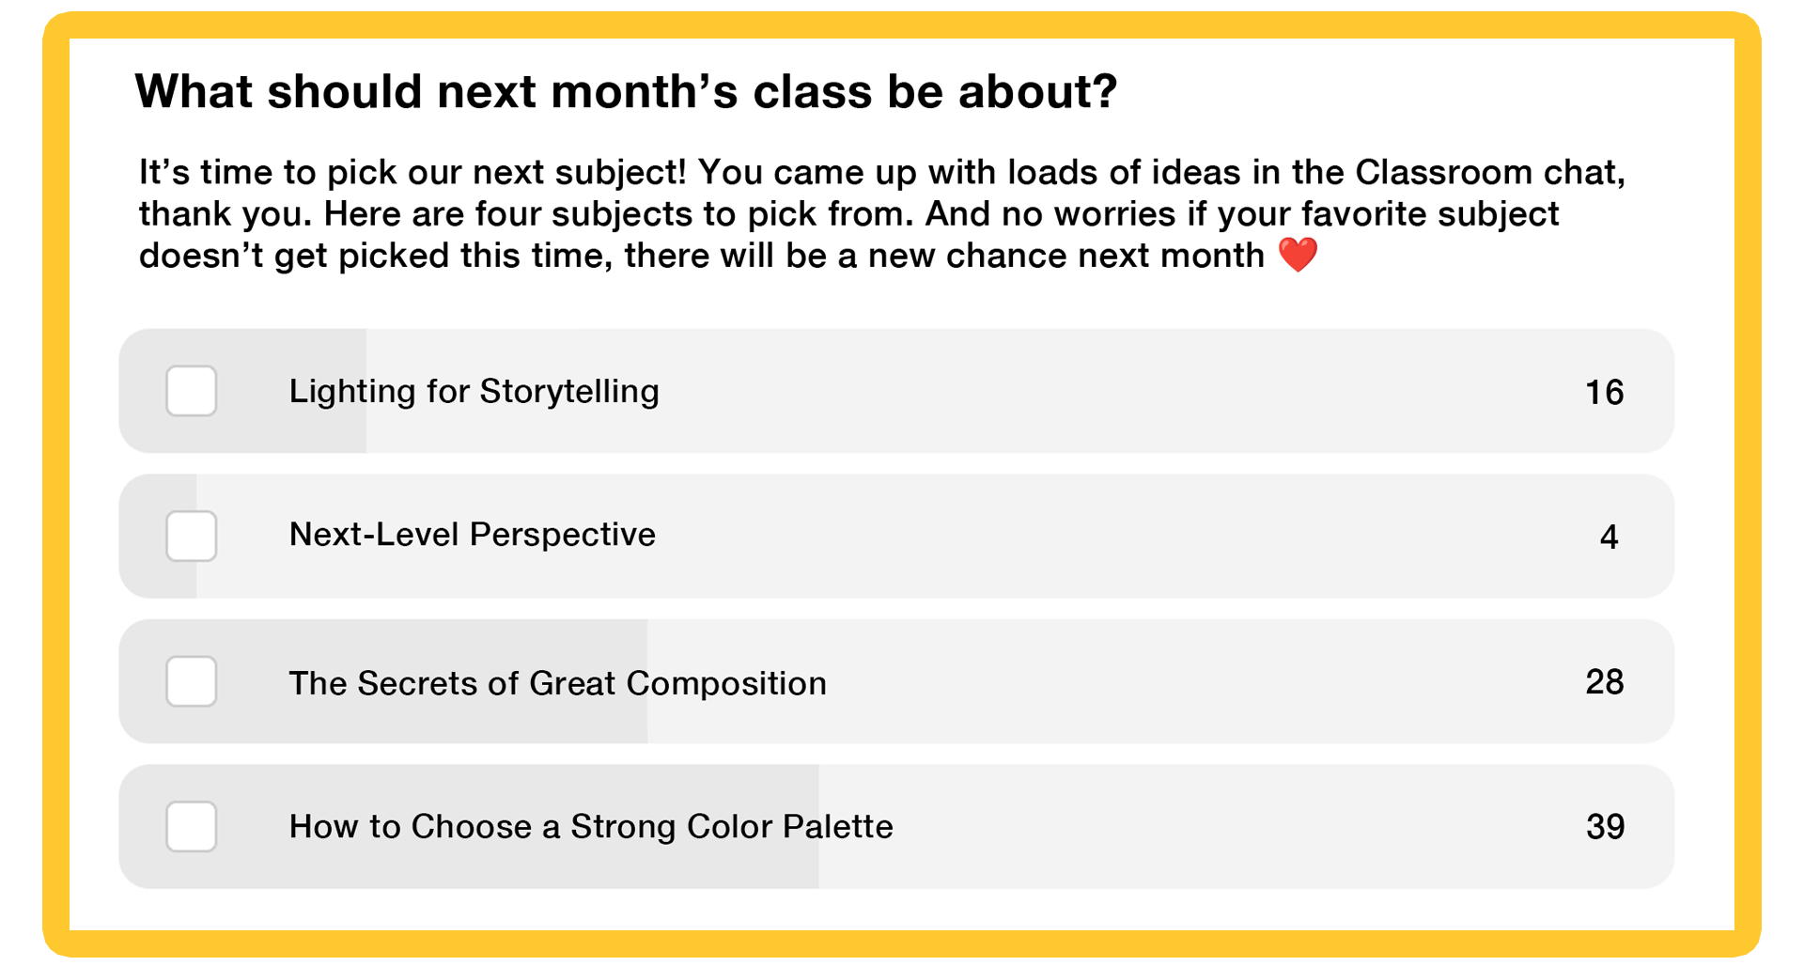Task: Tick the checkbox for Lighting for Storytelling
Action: [192, 391]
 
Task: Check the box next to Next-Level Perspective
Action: [192, 536]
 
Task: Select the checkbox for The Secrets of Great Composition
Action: [192, 681]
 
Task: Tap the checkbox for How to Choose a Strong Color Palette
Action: [192, 826]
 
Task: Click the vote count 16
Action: [1604, 392]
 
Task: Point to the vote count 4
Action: [1609, 537]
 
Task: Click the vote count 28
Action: [1604, 681]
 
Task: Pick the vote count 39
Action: [1605, 827]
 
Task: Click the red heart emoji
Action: [1299, 255]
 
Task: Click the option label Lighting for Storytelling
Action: [474, 391]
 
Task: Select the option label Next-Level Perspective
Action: [472, 535]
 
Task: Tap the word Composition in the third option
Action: [726, 684]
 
